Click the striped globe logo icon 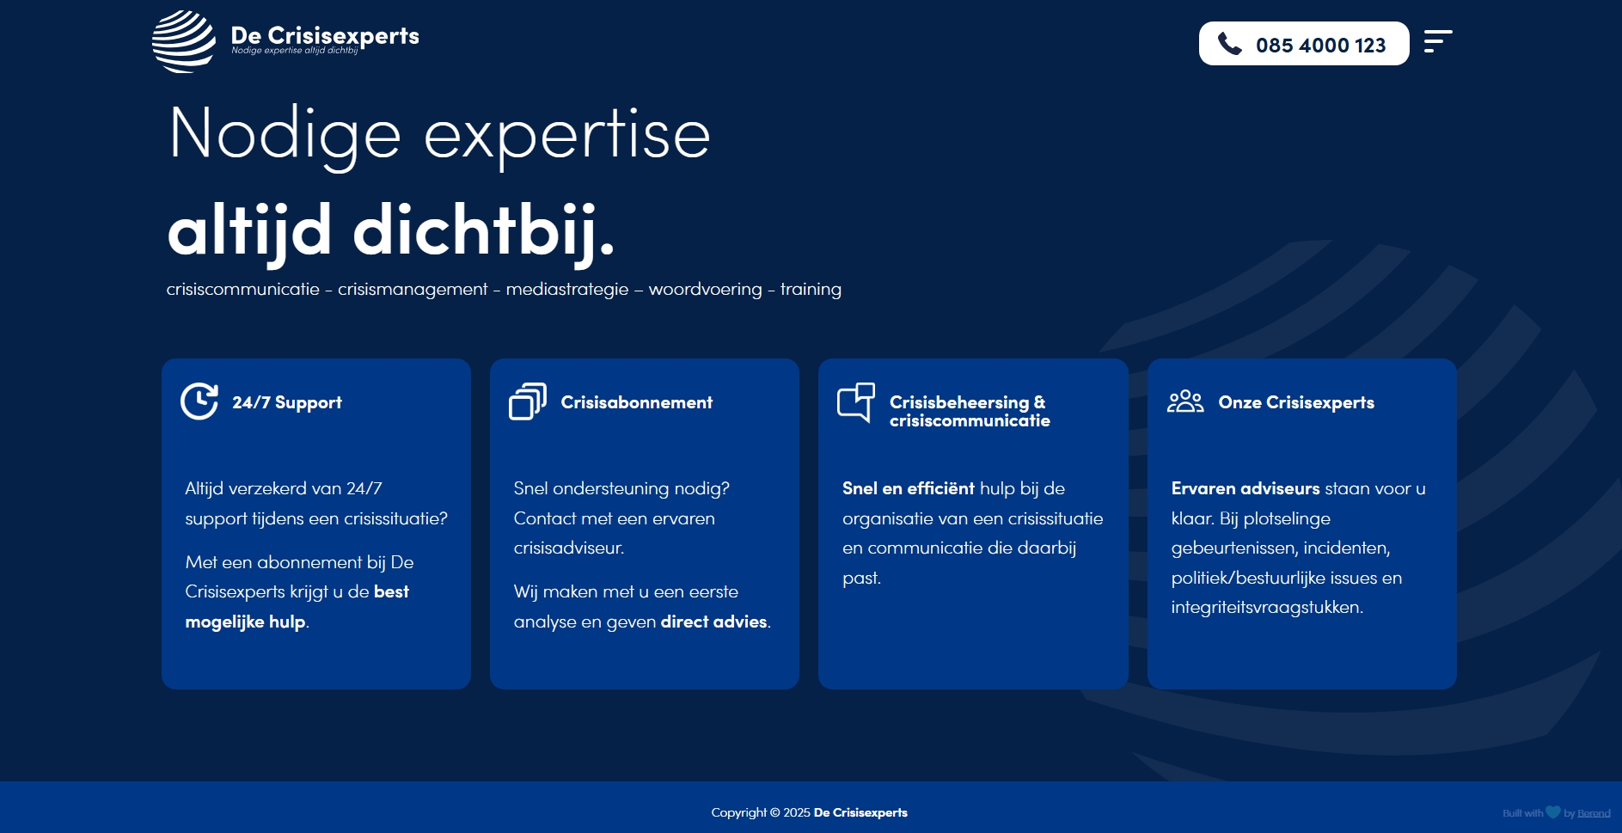(x=183, y=41)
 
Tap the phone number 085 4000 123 (x=1320, y=46)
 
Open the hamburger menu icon (x=1437, y=41)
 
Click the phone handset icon (x=1230, y=44)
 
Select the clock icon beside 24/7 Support (x=199, y=401)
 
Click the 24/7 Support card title (x=287, y=402)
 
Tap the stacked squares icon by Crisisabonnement (x=528, y=401)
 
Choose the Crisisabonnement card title (x=636, y=402)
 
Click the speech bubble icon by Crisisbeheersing (x=856, y=401)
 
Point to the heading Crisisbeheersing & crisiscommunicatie (x=969, y=411)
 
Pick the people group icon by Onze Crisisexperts (x=1185, y=401)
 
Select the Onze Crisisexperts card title (x=1296, y=402)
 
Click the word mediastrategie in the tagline (x=567, y=290)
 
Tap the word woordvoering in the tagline (x=705, y=290)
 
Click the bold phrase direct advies (x=713, y=622)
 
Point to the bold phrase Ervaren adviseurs (x=1245, y=488)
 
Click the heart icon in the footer (x=1552, y=812)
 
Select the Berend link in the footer (x=1594, y=813)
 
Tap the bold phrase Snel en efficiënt (x=908, y=488)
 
